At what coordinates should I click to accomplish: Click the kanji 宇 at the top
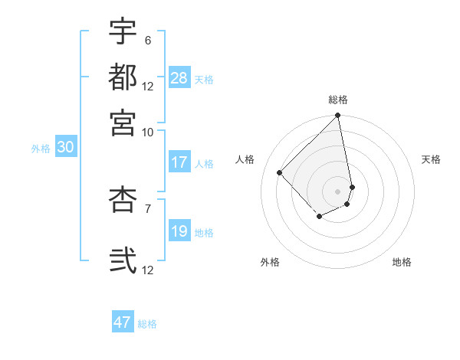123,32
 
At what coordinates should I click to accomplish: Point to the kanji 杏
123,200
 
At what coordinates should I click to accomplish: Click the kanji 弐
123,259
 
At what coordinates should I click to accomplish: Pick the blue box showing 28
179,78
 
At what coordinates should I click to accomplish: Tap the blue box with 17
179,162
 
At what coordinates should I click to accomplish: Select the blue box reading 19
179,231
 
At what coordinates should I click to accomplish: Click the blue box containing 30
65,148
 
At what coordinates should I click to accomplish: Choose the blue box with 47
123,322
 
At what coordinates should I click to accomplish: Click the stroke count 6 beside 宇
147,40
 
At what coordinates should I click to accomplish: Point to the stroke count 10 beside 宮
148,131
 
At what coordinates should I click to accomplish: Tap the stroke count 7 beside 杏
147,208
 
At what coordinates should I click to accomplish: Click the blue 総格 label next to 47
147,324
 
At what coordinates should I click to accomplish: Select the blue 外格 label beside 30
41,149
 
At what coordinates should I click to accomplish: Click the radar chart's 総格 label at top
338,100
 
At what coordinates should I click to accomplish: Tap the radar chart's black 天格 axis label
432,159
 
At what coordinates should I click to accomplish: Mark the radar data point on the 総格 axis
338,116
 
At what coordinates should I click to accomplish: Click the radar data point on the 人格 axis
280,172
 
